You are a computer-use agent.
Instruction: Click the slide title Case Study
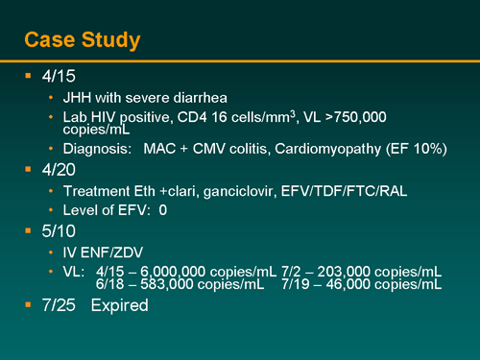83,39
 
